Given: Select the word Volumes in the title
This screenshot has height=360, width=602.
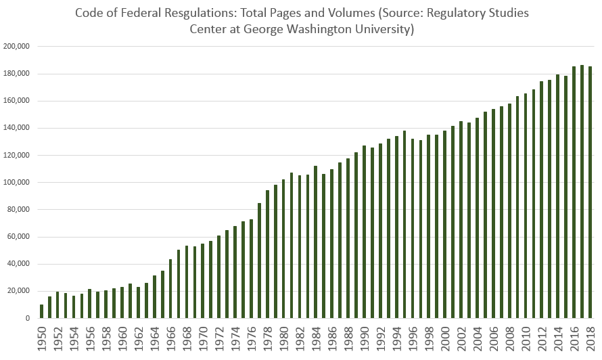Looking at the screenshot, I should [x=350, y=13].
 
